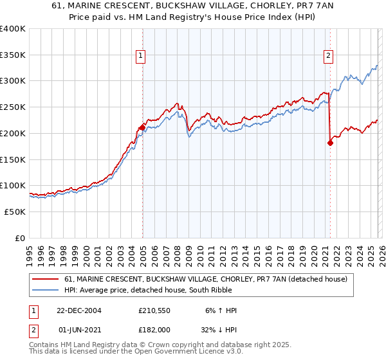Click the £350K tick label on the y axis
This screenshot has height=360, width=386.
(13, 55)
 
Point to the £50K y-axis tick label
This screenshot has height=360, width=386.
(15, 212)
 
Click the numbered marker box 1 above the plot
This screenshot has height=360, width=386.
(140, 56)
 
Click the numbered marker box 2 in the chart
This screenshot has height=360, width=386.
(328, 56)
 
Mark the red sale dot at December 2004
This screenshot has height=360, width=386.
(142, 128)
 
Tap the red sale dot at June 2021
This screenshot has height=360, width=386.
(330, 143)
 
